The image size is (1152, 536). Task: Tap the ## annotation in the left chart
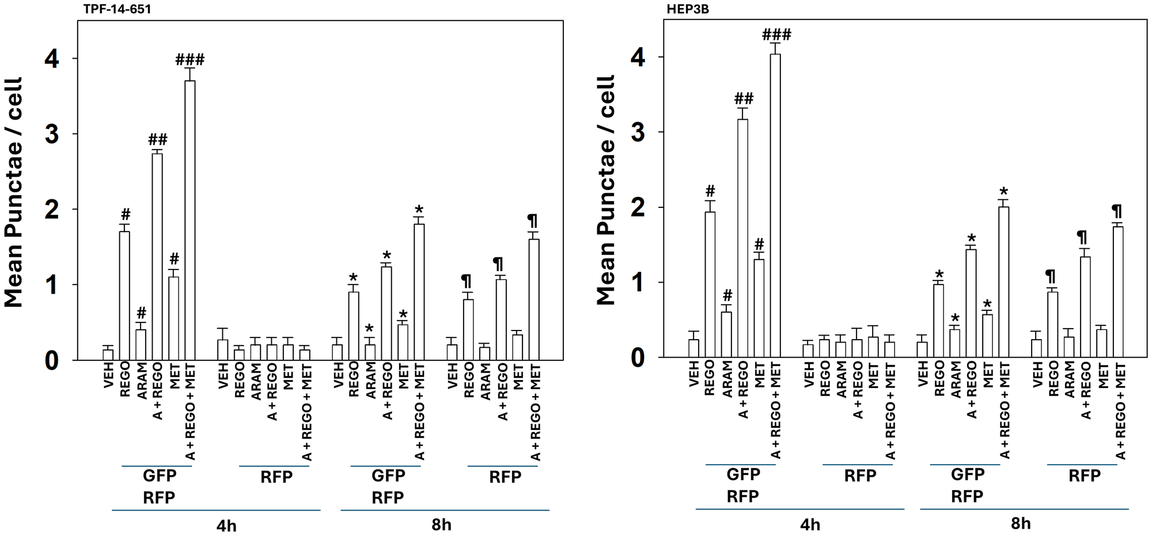click(157, 139)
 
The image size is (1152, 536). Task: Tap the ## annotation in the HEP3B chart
click(743, 98)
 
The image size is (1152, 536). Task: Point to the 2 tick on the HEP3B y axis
click(638, 207)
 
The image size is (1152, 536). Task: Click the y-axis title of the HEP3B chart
click(606, 190)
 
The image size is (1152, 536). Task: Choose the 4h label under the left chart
click(226, 526)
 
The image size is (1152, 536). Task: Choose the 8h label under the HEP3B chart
click(1021, 523)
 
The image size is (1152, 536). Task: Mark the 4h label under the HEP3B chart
click(810, 524)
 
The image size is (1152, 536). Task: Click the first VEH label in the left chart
click(108, 375)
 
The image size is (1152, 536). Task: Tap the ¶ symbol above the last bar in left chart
click(533, 221)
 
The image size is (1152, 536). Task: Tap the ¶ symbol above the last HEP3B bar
click(1117, 211)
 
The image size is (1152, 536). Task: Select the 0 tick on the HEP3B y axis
click(638, 358)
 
